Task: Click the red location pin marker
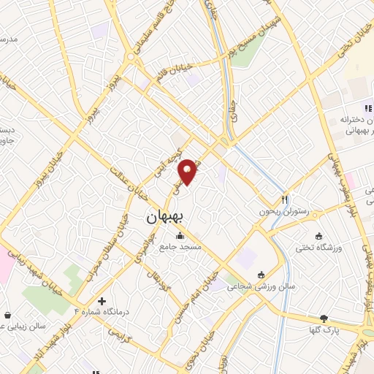[x=188, y=170]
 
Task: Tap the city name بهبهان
[x=167, y=216]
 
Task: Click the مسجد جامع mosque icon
[x=180, y=235]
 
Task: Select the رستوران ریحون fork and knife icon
[x=285, y=199]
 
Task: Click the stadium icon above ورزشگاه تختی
[x=318, y=235]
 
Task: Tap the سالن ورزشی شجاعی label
[x=261, y=287]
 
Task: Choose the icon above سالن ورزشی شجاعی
[x=261, y=275]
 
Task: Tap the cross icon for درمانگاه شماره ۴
[x=102, y=300]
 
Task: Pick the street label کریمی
[x=118, y=332]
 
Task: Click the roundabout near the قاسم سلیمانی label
[x=130, y=55]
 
